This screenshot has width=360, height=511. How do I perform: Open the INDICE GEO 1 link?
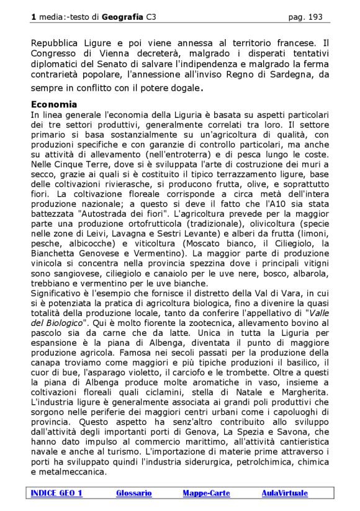pyautogui.click(x=56, y=493)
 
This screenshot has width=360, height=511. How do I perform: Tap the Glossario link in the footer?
pyautogui.click(x=133, y=493)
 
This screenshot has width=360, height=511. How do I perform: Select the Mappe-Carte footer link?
pyautogui.click(x=206, y=493)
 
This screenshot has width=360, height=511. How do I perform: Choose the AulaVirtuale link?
pyautogui.click(x=284, y=493)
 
